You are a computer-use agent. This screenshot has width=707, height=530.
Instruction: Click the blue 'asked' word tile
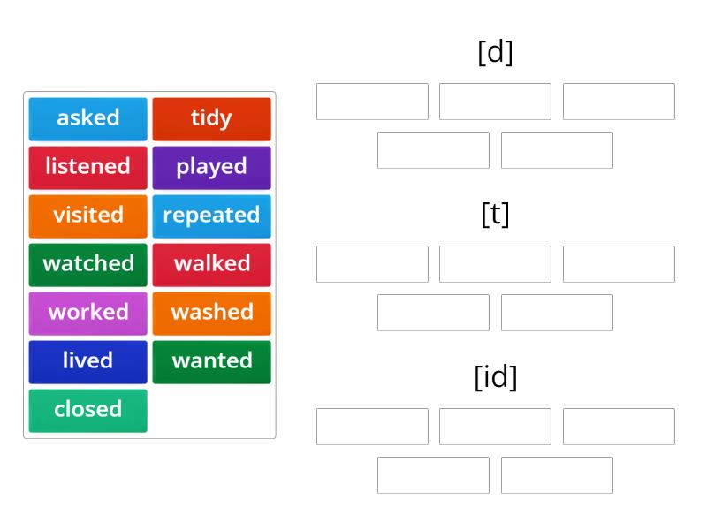pyautogui.click(x=87, y=118)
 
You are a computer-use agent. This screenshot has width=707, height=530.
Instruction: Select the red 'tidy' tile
pyautogui.click(x=211, y=118)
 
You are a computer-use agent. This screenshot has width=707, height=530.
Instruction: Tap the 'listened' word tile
pyautogui.click(x=87, y=167)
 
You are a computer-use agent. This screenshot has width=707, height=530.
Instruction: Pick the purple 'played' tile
pyautogui.click(x=211, y=167)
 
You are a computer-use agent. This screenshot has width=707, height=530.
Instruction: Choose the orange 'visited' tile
pyautogui.click(x=87, y=216)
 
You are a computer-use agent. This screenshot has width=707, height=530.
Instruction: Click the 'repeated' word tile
pyautogui.click(x=211, y=216)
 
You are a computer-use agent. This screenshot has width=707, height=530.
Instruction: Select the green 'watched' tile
pyautogui.click(x=87, y=264)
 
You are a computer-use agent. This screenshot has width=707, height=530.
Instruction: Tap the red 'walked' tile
pyautogui.click(x=211, y=264)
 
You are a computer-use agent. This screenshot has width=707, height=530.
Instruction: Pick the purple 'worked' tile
pyautogui.click(x=87, y=313)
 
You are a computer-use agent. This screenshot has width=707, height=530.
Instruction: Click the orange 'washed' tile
pyautogui.click(x=211, y=313)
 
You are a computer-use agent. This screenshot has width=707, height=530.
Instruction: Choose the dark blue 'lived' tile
pyautogui.click(x=87, y=361)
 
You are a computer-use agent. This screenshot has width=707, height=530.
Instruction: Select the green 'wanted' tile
pyautogui.click(x=211, y=361)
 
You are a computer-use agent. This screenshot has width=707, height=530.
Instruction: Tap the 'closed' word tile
pyautogui.click(x=87, y=410)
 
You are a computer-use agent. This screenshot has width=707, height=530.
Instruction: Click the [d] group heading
pyautogui.click(x=495, y=52)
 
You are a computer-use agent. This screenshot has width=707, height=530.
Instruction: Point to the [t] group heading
pyautogui.click(x=495, y=214)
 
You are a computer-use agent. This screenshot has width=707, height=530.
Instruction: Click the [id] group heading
pyautogui.click(x=495, y=377)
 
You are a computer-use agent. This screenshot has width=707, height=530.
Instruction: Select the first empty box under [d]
pyautogui.click(x=372, y=102)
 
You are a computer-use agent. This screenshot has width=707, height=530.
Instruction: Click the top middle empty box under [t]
pyautogui.click(x=495, y=264)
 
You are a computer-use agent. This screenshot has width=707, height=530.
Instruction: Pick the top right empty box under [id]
pyautogui.click(x=619, y=427)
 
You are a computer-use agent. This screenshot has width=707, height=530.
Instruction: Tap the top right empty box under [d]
pyautogui.click(x=619, y=102)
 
